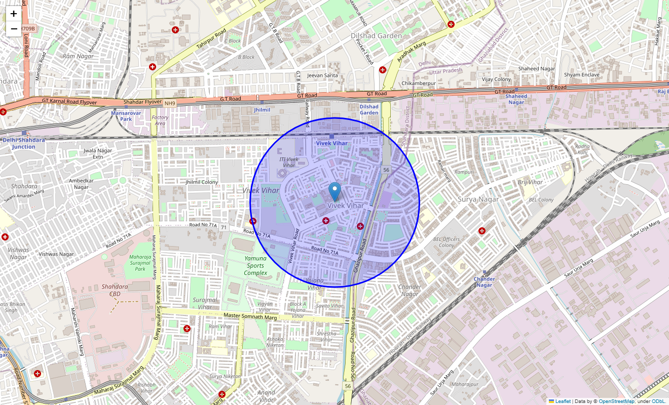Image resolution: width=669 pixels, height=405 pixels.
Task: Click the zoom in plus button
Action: (x=14, y=14)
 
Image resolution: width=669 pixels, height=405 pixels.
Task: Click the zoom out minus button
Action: (x=14, y=29)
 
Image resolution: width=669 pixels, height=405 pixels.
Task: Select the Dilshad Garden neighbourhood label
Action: (x=376, y=36)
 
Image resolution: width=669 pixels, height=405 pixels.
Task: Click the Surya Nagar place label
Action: (x=478, y=199)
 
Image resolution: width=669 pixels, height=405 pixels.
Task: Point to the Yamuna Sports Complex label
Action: (x=255, y=266)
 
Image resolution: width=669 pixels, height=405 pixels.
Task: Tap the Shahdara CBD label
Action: (x=115, y=290)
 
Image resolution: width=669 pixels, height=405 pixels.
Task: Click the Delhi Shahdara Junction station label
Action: (x=24, y=143)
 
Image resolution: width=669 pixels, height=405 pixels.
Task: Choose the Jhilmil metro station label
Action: (x=262, y=110)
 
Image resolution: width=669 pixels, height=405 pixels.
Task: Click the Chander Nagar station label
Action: (x=484, y=282)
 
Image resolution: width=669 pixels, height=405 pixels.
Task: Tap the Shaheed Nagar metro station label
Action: (x=516, y=99)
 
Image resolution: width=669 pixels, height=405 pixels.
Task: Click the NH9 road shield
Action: (x=169, y=103)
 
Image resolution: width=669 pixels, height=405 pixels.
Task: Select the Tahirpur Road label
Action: (x=211, y=39)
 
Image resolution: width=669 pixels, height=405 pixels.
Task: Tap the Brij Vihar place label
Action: (x=530, y=182)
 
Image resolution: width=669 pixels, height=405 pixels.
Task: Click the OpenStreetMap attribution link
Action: (x=616, y=401)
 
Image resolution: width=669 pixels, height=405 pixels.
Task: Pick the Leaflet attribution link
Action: (x=563, y=401)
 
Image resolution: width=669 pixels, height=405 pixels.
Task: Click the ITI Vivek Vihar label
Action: (x=289, y=162)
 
